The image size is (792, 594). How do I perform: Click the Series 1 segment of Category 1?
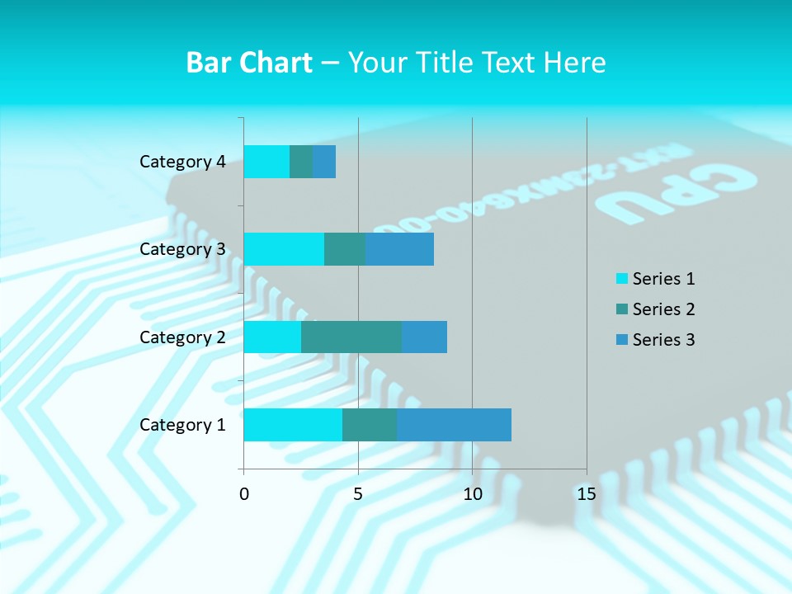[293, 425]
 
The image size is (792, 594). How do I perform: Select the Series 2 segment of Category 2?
[351, 337]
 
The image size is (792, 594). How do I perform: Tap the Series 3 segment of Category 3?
[399, 249]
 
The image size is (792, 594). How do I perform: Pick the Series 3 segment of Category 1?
[454, 425]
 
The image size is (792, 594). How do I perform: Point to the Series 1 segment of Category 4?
[266, 162]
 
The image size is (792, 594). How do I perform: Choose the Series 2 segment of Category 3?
[345, 249]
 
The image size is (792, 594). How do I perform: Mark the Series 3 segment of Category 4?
[324, 162]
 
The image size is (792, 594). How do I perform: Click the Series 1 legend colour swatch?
[621, 279]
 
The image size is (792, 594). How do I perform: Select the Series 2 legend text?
[663, 309]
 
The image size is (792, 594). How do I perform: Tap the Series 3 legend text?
[663, 340]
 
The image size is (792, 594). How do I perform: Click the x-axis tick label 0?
[244, 494]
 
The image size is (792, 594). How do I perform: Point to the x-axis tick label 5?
[358, 494]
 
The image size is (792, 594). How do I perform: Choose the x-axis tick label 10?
[472, 494]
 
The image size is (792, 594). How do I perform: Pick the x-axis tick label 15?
[586, 494]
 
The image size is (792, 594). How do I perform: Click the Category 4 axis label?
[182, 162]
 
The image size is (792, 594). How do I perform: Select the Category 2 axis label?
[182, 337]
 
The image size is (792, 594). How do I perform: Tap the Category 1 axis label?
[182, 425]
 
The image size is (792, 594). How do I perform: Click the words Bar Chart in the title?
[249, 63]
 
